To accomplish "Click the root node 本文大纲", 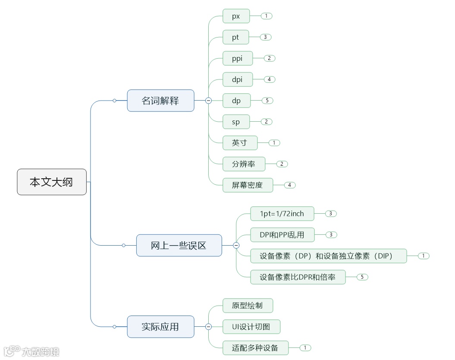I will tap(52, 182).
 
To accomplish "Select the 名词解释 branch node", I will tap(160, 101).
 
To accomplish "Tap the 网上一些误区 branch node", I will tap(179, 245).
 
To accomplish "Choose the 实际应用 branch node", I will tap(160, 327).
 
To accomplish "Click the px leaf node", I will tap(236, 16).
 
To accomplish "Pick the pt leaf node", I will tap(235, 37).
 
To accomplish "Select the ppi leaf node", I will tap(237, 58).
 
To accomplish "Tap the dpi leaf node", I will tap(237, 79).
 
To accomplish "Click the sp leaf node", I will tap(236, 122).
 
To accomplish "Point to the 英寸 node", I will tap(240, 143).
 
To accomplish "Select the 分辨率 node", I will tap(244, 164).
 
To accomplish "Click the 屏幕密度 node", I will tap(248, 185).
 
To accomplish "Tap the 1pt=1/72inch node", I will tap(282, 214).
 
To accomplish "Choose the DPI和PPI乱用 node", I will tap(282, 235).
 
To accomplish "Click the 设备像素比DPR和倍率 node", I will tap(298, 277).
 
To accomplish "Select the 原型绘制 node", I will tap(248, 306).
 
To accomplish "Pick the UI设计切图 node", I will tap(251, 327).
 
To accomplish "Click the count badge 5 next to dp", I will tap(267, 101).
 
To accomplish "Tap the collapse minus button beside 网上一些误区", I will tap(236, 245).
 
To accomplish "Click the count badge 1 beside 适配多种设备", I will tap(305, 348).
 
